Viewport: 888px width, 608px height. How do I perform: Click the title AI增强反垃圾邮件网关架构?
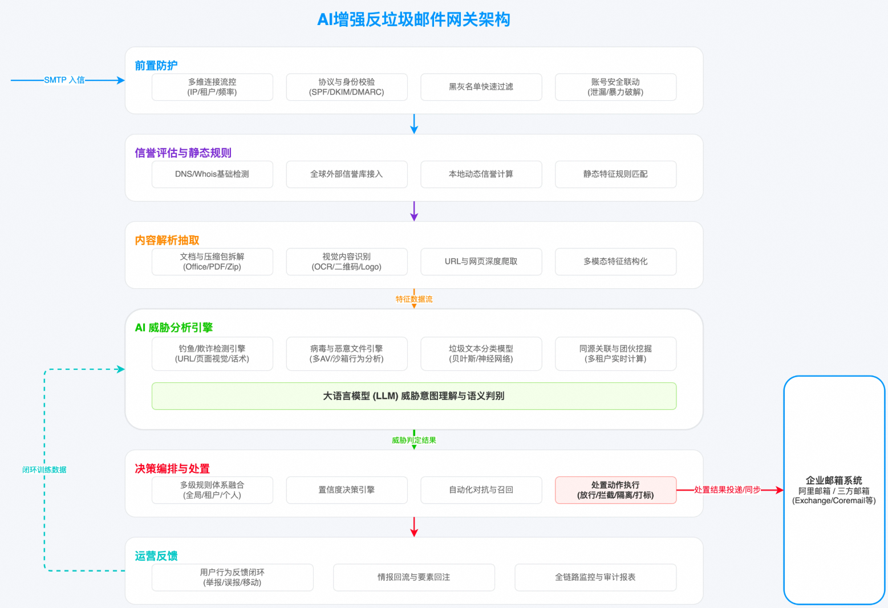[x=413, y=20]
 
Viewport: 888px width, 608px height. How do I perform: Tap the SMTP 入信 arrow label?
[x=64, y=80]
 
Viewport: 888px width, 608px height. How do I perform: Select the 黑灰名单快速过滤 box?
[x=481, y=87]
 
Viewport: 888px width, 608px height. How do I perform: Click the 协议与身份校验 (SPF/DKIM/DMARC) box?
[x=346, y=87]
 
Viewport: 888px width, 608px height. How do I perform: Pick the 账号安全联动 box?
[x=615, y=87]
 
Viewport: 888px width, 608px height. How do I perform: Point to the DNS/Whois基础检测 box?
[x=212, y=174]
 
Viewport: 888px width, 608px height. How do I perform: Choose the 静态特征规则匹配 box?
[x=615, y=174]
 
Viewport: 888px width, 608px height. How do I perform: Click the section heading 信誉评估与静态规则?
[x=183, y=153]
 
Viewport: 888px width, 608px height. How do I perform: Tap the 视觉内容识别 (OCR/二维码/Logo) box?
[x=346, y=262]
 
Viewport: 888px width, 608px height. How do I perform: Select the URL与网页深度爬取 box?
[x=481, y=262]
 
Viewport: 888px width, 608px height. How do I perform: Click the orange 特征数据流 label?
[x=414, y=299]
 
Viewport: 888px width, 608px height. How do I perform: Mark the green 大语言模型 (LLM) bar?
[x=413, y=396]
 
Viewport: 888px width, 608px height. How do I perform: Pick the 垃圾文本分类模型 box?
[x=481, y=354]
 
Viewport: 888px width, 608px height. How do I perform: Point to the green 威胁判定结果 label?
[x=414, y=440]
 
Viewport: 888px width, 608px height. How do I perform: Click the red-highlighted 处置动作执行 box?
[x=615, y=490]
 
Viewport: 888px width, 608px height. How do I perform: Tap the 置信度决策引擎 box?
[x=346, y=490]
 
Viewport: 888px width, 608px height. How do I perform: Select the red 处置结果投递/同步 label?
[x=727, y=490]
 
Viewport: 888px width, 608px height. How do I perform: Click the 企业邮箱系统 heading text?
[x=834, y=480]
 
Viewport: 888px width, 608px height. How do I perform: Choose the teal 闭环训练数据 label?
[x=44, y=470]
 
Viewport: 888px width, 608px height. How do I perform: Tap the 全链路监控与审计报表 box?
[x=595, y=577]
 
